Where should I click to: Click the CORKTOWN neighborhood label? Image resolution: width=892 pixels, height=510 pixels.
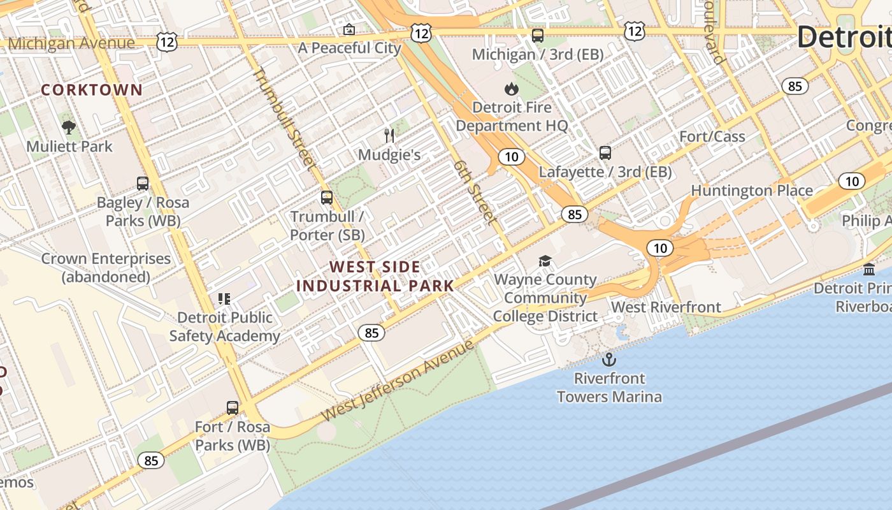(92, 90)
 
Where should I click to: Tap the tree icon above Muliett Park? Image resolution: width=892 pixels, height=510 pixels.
(69, 127)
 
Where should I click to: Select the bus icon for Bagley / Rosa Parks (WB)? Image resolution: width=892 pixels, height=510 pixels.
(143, 184)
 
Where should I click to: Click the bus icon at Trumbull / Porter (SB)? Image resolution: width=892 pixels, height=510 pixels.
(327, 198)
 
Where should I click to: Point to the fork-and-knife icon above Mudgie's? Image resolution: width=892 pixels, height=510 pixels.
(390, 135)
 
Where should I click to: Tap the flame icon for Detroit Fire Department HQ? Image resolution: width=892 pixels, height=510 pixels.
(511, 89)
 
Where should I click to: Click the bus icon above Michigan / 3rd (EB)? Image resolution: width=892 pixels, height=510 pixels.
(538, 36)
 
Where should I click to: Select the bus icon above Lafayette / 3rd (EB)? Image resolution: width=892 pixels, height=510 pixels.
(605, 153)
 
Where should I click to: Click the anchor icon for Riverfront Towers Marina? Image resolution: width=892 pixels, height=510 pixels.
(609, 360)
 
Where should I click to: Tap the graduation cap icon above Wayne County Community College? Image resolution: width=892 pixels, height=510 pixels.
(545, 261)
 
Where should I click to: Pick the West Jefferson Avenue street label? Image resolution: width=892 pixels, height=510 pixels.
(398, 381)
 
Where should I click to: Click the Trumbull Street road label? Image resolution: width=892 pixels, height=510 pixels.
(284, 119)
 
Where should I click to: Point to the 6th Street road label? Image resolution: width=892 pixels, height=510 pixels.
(475, 192)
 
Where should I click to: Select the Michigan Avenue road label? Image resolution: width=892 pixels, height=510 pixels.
(71, 43)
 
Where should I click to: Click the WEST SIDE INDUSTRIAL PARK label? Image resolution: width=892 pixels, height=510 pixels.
(375, 276)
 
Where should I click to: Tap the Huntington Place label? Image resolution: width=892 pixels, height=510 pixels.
(752, 191)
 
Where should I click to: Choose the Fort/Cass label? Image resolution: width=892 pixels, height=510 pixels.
(712, 136)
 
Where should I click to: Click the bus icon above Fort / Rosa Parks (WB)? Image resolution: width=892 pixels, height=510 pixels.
(233, 407)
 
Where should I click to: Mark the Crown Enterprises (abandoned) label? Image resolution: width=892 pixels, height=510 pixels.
(106, 268)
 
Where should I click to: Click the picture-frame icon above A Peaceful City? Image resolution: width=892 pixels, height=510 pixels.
(349, 29)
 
